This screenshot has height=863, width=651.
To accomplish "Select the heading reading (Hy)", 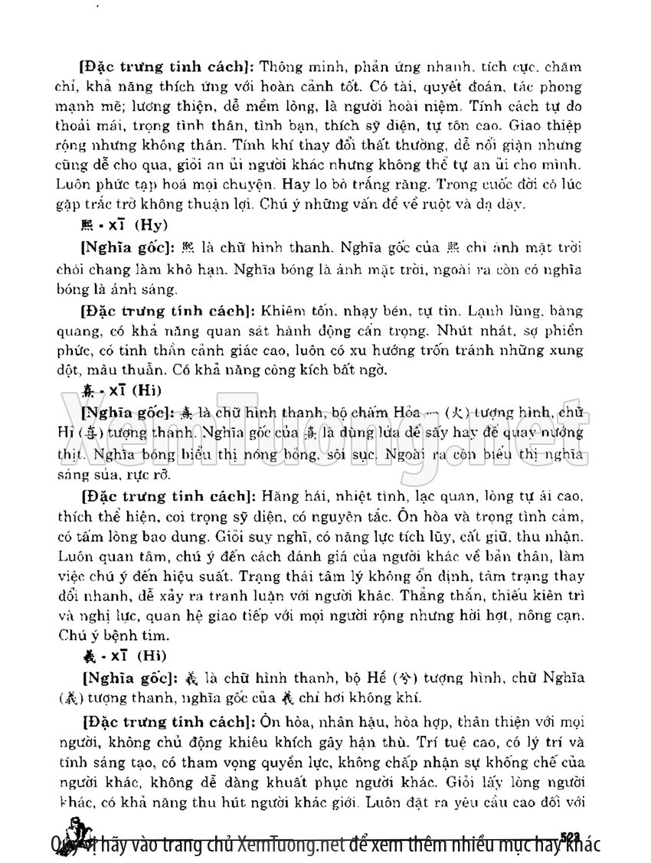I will click(152, 224).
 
